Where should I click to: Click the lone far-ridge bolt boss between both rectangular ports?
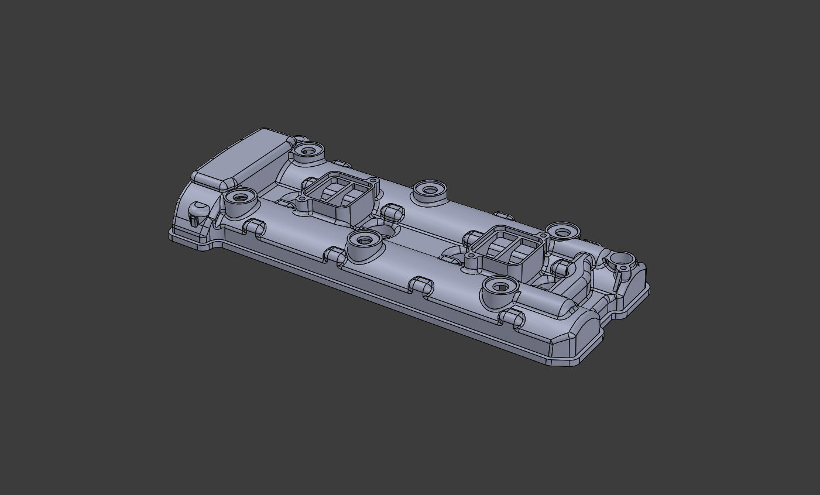[430, 190]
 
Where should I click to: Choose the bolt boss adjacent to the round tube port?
[561, 232]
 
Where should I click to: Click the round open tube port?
[622, 258]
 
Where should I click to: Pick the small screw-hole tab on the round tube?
[624, 269]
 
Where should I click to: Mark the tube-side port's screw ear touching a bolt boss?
[545, 236]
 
